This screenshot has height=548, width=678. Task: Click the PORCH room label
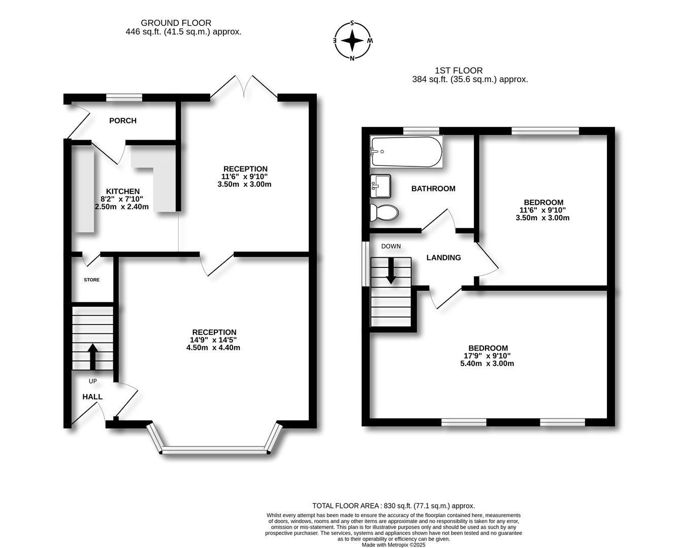(122, 121)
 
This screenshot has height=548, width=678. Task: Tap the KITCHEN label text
(122, 191)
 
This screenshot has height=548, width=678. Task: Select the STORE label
(92, 280)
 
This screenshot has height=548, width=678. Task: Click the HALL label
(92, 397)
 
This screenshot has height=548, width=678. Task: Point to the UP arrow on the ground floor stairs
(92, 357)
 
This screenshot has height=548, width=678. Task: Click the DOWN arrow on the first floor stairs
(391, 270)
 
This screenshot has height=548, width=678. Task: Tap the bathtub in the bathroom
(406, 152)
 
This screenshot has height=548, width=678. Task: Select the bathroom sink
(380, 186)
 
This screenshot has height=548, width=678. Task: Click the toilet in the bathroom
(384, 213)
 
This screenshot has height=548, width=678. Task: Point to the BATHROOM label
(433, 189)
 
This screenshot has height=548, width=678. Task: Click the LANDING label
(443, 258)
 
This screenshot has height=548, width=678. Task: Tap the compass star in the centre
(352, 41)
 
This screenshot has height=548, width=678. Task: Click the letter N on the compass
(352, 58)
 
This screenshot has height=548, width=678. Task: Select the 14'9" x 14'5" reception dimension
(213, 339)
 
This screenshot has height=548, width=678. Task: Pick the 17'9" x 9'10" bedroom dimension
(487, 356)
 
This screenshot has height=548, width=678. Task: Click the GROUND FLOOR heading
(176, 23)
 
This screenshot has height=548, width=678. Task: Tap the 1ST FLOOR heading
(459, 71)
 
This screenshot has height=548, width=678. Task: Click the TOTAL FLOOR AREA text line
(394, 506)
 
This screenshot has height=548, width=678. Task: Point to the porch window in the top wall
(124, 97)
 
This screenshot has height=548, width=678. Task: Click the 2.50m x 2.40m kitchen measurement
(122, 207)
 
